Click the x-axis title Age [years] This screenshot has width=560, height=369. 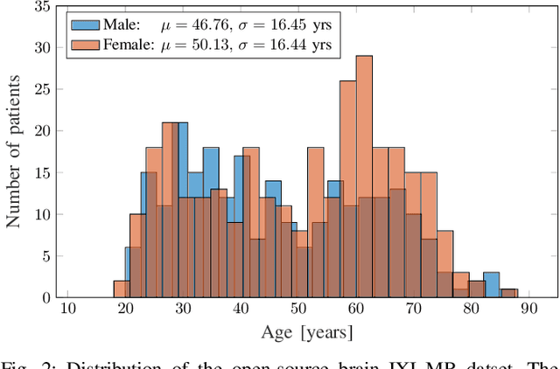306,332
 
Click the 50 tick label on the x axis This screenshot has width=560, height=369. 299,309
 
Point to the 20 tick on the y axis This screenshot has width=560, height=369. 41,131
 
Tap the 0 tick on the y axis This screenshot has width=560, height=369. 45,297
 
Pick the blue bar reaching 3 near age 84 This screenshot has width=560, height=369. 492,285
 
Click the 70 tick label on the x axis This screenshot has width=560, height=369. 415,309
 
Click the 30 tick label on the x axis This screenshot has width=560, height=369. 183,309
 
